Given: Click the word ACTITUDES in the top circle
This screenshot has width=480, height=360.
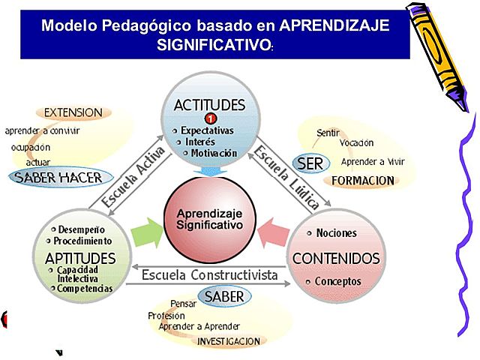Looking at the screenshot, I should pos(209,104).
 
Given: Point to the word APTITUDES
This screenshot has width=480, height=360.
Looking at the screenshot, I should pos(79,258).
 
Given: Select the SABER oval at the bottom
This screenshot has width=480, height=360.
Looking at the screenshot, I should pos(225,296).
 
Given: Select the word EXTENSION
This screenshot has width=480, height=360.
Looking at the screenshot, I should pos(73,112).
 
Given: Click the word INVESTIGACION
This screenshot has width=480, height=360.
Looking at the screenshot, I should pos(228,341).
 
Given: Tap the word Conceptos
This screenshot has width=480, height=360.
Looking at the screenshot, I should pos(337,282).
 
